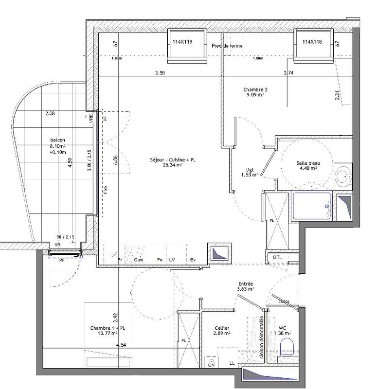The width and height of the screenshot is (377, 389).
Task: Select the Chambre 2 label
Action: click(x=255, y=89)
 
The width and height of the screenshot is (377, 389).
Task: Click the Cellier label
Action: click(x=221, y=328)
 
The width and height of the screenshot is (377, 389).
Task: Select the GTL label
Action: click(x=277, y=257)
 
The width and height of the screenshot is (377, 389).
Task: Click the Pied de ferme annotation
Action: click(x=227, y=46)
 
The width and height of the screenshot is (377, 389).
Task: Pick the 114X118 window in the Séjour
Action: click(x=182, y=42)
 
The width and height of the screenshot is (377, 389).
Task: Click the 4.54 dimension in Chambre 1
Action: click(x=121, y=345)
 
